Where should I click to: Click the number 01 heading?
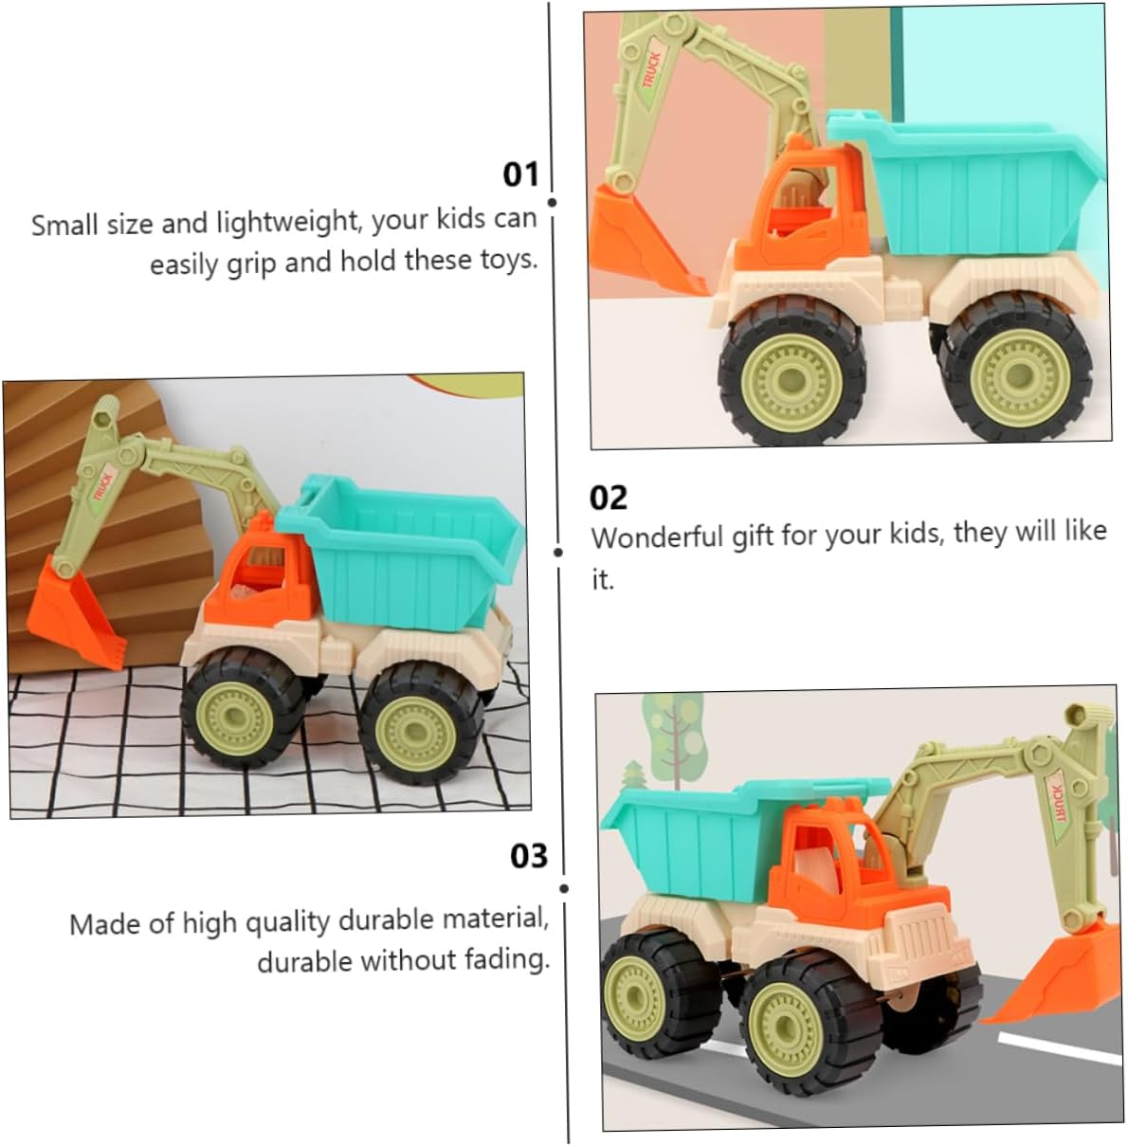[x=520, y=174]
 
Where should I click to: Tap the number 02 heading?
[x=608, y=498]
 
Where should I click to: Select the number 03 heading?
[x=528, y=857]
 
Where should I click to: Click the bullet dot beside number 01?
[x=552, y=203]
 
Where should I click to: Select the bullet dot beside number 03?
[x=563, y=888]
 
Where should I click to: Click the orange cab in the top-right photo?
[x=797, y=209]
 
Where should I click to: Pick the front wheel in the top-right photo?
[x=791, y=376]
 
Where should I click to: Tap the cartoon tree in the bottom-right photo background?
[x=673, y=729]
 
